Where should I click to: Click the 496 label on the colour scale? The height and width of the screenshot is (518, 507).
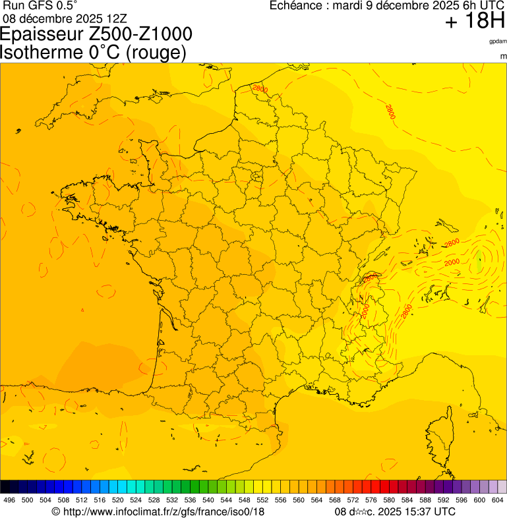[9, 500]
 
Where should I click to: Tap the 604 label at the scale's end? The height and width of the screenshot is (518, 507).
[497, 500]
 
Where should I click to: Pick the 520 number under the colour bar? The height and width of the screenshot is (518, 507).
[117, 500]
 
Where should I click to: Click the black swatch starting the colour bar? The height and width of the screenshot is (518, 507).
[5, 487]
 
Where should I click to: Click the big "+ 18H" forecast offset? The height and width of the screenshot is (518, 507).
[475, 21]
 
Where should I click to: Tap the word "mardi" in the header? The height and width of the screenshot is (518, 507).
[349, 5]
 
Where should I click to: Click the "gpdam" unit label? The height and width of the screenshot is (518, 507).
[498, 42]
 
